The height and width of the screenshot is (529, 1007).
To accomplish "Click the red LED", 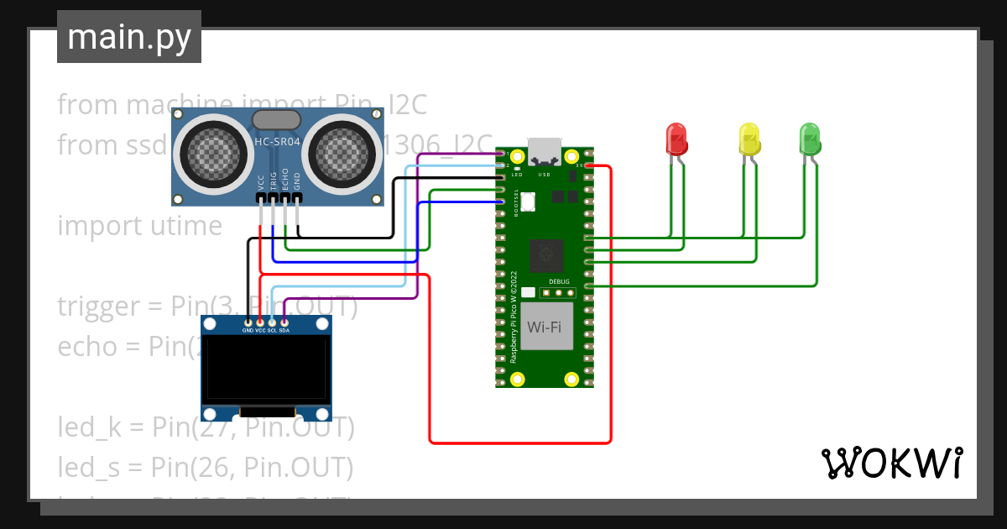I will [676, 139].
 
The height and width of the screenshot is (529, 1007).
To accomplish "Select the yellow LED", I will [749, 139].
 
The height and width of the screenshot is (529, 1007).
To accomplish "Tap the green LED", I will [809, 139].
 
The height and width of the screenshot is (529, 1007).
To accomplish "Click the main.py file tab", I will [129, 37].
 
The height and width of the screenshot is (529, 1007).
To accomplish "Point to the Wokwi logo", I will [891, 463].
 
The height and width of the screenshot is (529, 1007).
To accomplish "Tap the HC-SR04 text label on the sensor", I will [278, 143].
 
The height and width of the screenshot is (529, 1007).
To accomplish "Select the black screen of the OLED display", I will [267, 369].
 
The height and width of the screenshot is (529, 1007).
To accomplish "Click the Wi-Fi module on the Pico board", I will [544, 327].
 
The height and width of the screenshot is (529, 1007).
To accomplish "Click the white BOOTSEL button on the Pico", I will [528, 202].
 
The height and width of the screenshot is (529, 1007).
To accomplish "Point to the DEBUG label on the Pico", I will [559, 281].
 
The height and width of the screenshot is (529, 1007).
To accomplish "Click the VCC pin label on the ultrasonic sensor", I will [261, 181].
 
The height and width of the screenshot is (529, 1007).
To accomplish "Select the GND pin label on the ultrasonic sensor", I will [297, 181].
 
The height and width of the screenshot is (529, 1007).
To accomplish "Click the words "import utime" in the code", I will [139, 226].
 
